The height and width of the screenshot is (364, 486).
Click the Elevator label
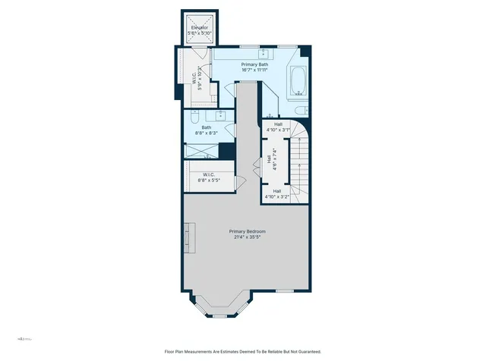(200, 28)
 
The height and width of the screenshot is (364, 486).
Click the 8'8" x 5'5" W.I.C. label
(209, 178)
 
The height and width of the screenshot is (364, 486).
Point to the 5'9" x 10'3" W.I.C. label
(200, 77)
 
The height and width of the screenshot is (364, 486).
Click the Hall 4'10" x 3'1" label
(278, 127)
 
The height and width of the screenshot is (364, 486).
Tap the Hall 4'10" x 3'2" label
(278, 194)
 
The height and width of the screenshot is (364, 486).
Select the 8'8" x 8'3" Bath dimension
(207, 133)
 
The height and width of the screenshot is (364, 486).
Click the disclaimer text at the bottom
(243, 351)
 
